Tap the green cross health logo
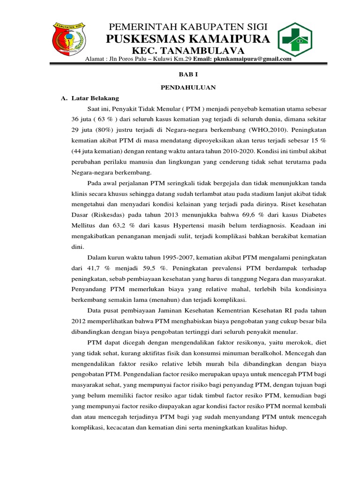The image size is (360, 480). pyautogui.click(x=298, y=39)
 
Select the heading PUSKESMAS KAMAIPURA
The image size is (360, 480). pyautogui.click(x=188, y=39)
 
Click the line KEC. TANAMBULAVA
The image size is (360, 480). pyautogui.click(x=188, y=51)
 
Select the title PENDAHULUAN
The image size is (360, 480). pyautogui.click(x=188, y=87)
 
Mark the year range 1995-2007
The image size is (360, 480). pyautogui.click(x=172, y=257)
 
